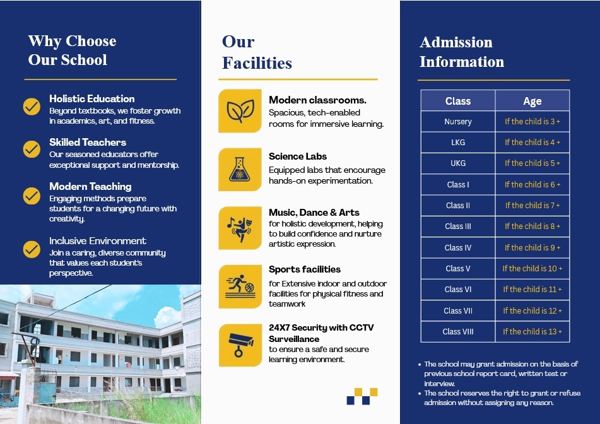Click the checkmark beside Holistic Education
(x=32, y=106)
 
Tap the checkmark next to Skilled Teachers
(x=32, y=149)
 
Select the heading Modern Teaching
(x=90, y=186)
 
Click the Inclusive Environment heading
(x=97, y=240)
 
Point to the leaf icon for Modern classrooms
(x=240, y=111)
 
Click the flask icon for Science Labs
(x=240, y=169)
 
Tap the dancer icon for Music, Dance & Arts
(x=240, y=228)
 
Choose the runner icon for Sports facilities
(x=240, y=286)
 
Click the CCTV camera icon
(x=240, y=344)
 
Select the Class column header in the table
(x=457, y=101)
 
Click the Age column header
(x=532, y=101)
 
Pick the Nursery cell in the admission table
(x=457, y=122)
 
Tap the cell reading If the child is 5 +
(x=532, y=163)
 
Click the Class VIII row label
(x=457, y=331)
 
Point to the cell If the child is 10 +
(x=532, y=268)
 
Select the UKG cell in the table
(x=457, y=163)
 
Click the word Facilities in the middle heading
(x=257, y=63)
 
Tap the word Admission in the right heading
(x=456, y=42)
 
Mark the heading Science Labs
(x=298, y=156)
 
